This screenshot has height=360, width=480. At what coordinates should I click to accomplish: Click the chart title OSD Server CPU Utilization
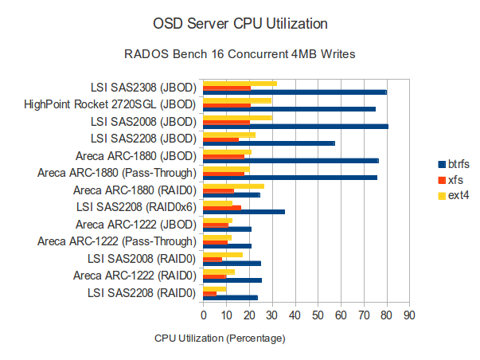click(239, 20)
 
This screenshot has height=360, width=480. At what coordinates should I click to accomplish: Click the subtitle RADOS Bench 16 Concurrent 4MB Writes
click(239, 55)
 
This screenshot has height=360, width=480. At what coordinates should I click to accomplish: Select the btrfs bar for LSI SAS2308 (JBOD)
click(295, 92)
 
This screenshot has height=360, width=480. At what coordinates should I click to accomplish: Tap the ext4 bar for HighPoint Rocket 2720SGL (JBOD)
click(237, 100)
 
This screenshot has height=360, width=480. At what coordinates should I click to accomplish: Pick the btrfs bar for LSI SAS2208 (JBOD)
click(269, 143)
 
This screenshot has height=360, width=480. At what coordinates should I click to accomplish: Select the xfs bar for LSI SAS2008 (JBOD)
click(226, 122)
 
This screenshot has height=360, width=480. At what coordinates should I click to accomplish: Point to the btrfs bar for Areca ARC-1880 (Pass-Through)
click(290, 178)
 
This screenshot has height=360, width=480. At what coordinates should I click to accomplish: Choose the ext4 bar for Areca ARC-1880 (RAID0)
click(233, 186)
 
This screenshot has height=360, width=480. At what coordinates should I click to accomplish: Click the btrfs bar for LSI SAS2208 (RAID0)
click(230, 298)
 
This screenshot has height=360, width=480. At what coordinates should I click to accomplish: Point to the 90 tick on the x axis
click(409, 316)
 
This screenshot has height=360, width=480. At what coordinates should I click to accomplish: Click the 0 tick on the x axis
click(203, 316)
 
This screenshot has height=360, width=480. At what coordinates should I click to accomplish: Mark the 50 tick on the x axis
click(318, 316)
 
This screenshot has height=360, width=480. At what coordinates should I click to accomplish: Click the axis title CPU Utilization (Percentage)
click(220, 338)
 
